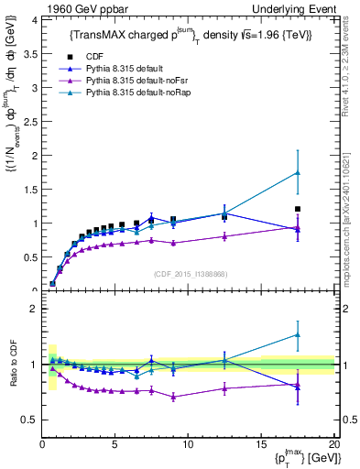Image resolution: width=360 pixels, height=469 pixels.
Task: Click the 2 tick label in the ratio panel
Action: [34, 309]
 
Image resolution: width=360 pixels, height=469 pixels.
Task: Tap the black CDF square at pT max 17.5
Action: [297, 209]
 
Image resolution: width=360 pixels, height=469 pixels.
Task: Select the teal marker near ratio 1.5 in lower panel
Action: [297, 334]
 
